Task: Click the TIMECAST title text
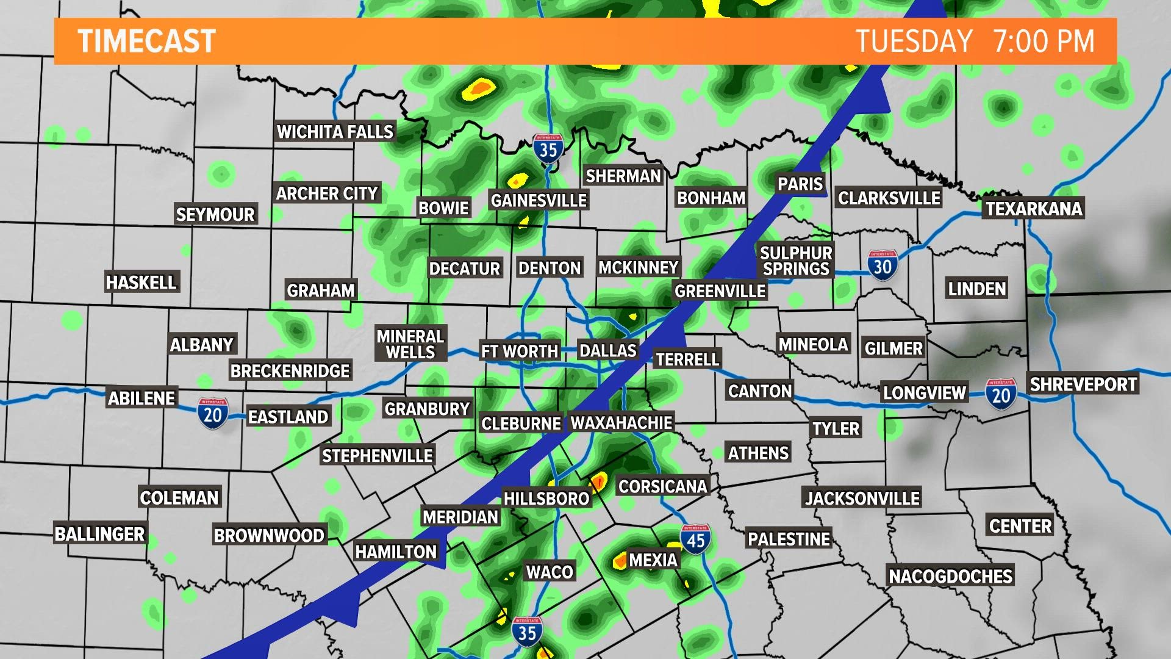pos(147,41)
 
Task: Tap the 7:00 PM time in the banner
pos(1044,41)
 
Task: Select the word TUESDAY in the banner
pos(914,41)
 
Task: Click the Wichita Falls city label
pos(335,132)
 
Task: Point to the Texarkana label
pos(1034,209)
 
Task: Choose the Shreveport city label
pos(1083,384)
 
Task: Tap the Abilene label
pos(141,398)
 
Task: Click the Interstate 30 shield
pos(883,265)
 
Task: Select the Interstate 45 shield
pos(695,539)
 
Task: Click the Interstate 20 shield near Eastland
pos(212,414)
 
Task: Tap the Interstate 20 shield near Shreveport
pos(1001,394)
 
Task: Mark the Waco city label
pos(550,572)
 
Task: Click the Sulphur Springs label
pos(796,261)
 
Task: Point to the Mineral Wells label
pos(410,344)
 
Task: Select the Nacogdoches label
pos(950,576)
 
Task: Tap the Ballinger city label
pos(99,534)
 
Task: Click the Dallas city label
pos(607,350)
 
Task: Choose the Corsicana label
pos(662,486)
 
